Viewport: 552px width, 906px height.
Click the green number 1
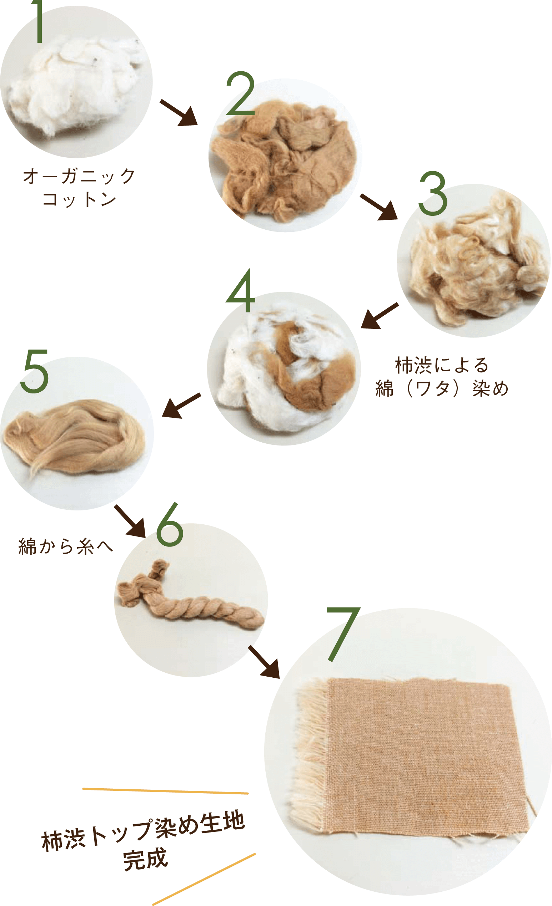tap(39, 21)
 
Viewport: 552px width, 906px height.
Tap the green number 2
tap(241, 93)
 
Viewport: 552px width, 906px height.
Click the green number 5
tap(35, 371)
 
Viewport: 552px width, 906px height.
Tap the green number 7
tap(343, 634)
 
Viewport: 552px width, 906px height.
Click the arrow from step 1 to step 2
tap(179, 112)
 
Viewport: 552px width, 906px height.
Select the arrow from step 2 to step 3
tap(379, 207)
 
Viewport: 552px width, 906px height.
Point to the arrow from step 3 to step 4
tap(380, 315)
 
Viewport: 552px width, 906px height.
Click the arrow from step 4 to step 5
tap(181, 406)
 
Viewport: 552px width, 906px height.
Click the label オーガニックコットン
tap(80, 188)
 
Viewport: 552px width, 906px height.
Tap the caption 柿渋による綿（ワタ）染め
tap(442, 377)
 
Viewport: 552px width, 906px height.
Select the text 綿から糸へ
tap(65, 547)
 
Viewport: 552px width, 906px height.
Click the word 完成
tap(145, 859)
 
